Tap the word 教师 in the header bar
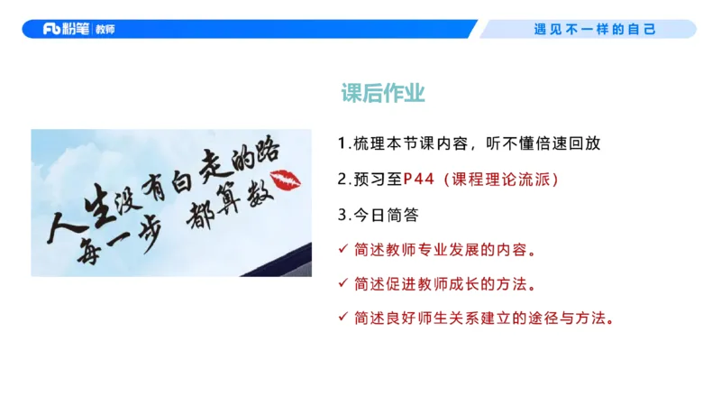pos(105,29)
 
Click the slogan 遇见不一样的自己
pos(594,29)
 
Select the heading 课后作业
pos(383,93)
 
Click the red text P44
pos(417,179)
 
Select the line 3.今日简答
pos(378,214)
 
